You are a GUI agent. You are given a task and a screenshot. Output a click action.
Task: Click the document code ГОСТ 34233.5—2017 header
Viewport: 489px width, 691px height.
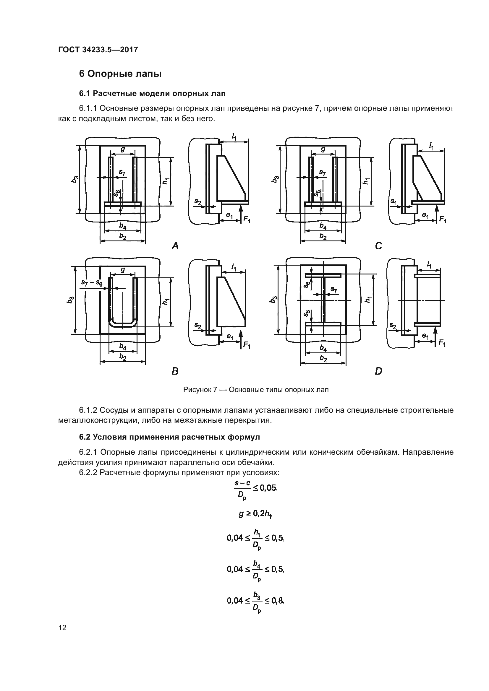pyautogui.click(x=98, y=50)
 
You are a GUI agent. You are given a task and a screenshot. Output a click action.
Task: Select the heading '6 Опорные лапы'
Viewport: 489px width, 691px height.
pyautogui.click(x=120, y=74)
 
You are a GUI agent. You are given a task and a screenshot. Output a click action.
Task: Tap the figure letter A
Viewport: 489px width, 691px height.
pyautogui.click(x=175, y=246)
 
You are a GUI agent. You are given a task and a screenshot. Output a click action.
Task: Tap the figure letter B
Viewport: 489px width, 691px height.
pyautogui.click(x=175, y=371)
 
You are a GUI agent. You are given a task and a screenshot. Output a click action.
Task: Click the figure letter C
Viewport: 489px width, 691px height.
pyautogui.click(x=378, y=246)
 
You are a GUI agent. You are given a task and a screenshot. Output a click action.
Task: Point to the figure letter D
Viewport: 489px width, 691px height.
pyautogui.click(x=378, y=371)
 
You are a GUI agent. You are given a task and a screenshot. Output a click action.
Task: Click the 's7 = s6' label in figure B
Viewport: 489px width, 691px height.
pyautogui.click(x=92, y=283)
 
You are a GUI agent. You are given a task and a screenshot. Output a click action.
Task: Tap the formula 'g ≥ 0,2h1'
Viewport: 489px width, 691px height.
pyautogui.click(x=256, y=514)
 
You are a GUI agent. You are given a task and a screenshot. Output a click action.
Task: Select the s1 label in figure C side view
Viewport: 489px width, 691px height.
pyautogui.click(x=393, y=201)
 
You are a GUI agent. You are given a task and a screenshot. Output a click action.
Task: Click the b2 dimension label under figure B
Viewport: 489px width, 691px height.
pyautogui.click(x=123, y=357)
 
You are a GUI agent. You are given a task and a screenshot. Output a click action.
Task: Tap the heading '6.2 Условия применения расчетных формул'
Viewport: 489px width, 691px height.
pyautogui.click(x=169, y=437)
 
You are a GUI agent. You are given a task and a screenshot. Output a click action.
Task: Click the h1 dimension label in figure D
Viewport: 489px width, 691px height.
pyautogui.click(x=368, y=300)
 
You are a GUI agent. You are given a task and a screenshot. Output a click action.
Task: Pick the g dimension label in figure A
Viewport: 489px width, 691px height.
pyautogui.click(x=123, y=149)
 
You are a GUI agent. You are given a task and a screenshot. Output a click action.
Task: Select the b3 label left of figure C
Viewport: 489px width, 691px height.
pyautogui.click(x=275, y=179)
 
